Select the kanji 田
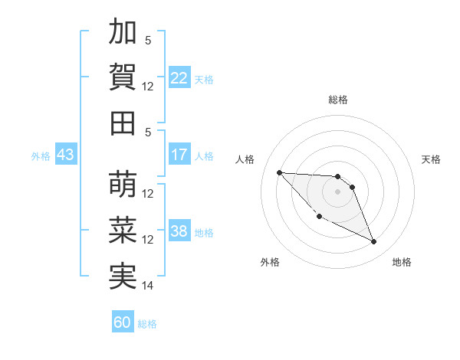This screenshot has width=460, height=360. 123,123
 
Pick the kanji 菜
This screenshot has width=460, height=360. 123,231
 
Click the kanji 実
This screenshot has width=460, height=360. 123,277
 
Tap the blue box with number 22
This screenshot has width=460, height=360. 179,77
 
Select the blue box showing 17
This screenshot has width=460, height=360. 179,155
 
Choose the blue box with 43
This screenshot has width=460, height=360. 66,155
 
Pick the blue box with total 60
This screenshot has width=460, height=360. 123,322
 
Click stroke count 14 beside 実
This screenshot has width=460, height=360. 148,286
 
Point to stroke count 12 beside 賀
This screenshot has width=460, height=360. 148,86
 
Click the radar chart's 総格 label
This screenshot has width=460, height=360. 338,100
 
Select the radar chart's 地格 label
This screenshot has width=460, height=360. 402,262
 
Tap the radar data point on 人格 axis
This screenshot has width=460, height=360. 279,172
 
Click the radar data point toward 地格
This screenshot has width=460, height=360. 374,242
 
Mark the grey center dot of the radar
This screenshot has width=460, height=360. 338,191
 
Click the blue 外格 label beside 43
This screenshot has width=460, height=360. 41,155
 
